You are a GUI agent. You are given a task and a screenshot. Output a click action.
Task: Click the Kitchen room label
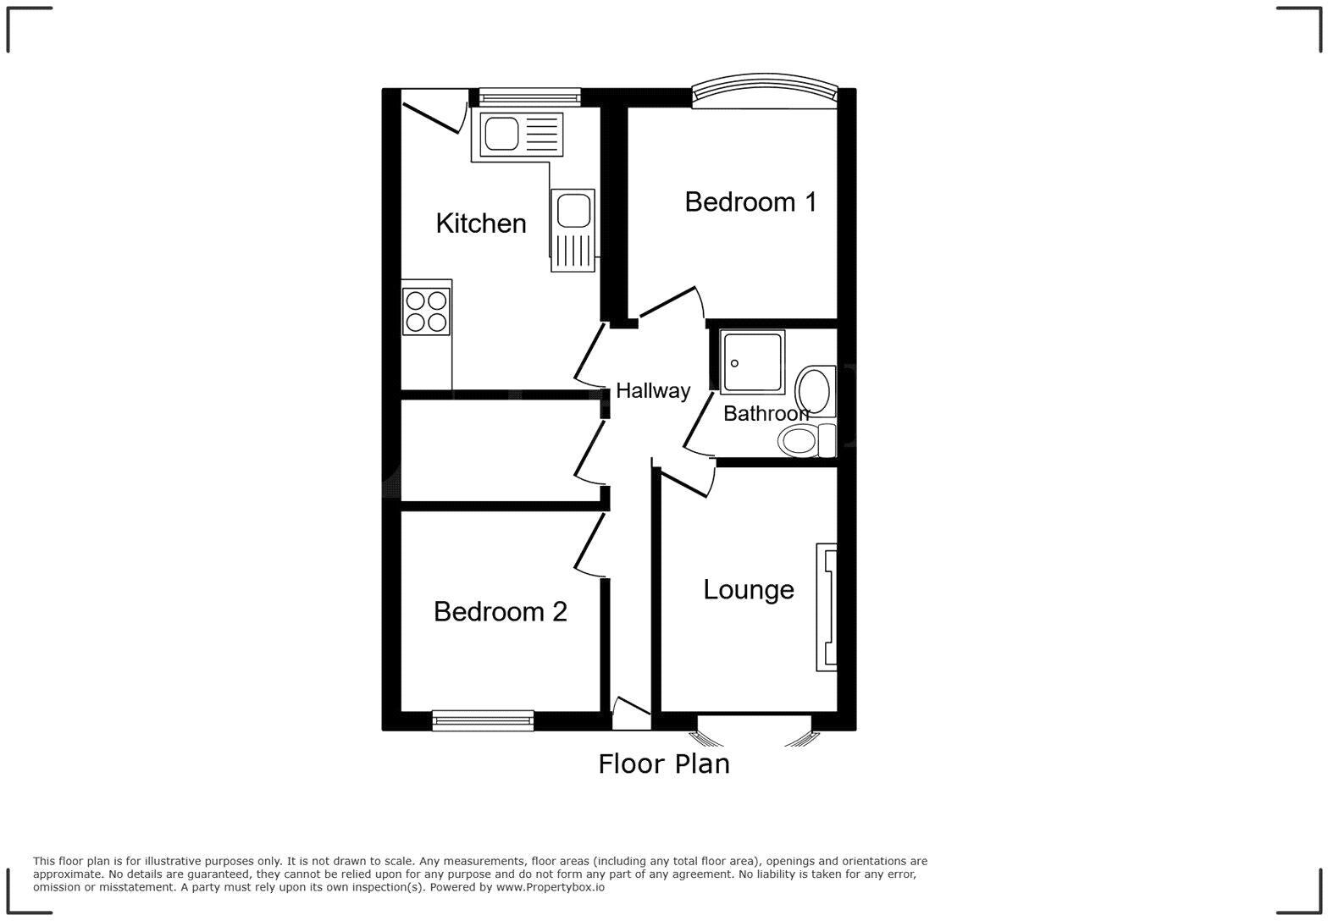(480, 223)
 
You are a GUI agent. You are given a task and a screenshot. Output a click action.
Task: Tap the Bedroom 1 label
(750, 202)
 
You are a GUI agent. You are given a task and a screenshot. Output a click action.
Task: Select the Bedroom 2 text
(500, 611)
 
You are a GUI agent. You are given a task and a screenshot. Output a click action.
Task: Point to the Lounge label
(748, 589)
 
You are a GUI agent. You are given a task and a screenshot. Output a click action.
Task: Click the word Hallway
(652, 390)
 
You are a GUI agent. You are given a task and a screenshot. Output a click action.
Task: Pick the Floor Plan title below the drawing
(663, 764)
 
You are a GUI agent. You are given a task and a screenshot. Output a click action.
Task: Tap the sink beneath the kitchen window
(521, 135)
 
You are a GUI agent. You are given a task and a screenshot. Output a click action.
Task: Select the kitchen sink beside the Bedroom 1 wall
(573, 229)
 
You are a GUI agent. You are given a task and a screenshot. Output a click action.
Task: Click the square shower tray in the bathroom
(752, 361)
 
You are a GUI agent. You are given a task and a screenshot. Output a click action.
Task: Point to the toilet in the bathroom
(805, 440)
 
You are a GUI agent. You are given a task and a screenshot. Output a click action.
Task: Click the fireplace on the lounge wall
(827, 607)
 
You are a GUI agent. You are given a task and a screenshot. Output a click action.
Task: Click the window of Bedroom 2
(483, 721)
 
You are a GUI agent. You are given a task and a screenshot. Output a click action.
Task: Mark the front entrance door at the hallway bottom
(631, 715)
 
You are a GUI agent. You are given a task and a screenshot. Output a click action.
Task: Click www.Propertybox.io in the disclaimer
(550, 887)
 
